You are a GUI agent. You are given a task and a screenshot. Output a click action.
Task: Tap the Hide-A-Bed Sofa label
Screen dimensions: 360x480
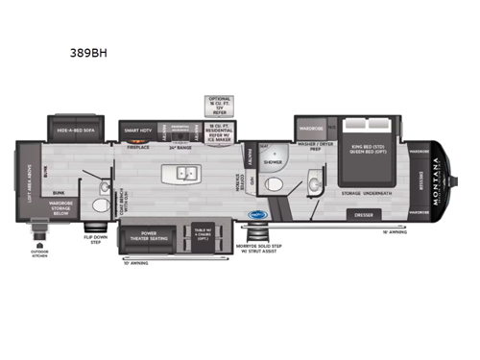click(x=78, y=126)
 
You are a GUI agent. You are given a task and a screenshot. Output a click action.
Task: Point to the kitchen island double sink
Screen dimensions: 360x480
click(x=186, y=174)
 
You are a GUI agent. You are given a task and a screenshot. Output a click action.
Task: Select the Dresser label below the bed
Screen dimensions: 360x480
click(x=362, y=216)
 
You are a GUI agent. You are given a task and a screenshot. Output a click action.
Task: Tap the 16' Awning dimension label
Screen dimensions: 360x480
click(x=395, y=232)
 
